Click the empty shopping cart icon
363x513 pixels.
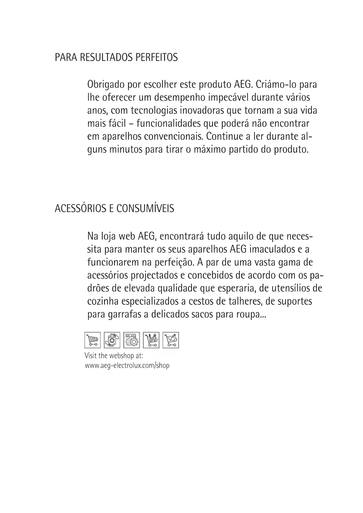tap(92, 340)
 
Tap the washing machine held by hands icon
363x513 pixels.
tap(112, 340)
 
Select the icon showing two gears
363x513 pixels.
tap(132, 340)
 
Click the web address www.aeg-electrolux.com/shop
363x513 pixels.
tap(127, 365)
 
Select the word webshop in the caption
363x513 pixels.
tap(120, 356)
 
